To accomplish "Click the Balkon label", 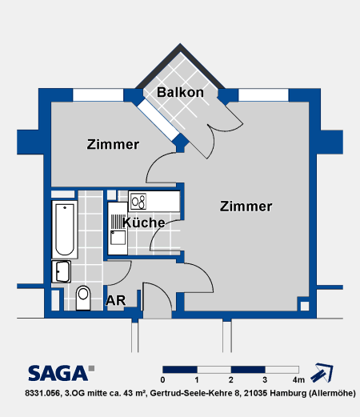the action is tap(180, 92).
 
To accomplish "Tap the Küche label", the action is tap(143, 223).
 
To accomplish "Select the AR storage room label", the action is tap(115, 301).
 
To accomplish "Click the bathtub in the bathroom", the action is tap(65, 230).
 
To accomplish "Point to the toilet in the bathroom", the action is tap(83, 298).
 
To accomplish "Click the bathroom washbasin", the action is tap(62, 271).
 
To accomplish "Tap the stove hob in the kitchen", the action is tap(138, 202).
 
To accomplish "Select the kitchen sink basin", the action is tap(118, 238).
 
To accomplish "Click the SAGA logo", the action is tap(62, 373).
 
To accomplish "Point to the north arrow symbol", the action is tap(322, 372).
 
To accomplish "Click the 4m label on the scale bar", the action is tap(298, 380).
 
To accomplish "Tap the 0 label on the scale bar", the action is tap(162, 380).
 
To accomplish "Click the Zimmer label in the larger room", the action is tap(246, 206).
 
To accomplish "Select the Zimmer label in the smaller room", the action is tap(113, 144).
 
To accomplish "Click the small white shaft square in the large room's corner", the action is tap(305, 306).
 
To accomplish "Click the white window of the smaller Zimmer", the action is tap(98, 95).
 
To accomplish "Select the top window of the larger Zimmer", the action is tap(263, 95).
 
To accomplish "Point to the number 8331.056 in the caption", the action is tap(42, 393).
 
